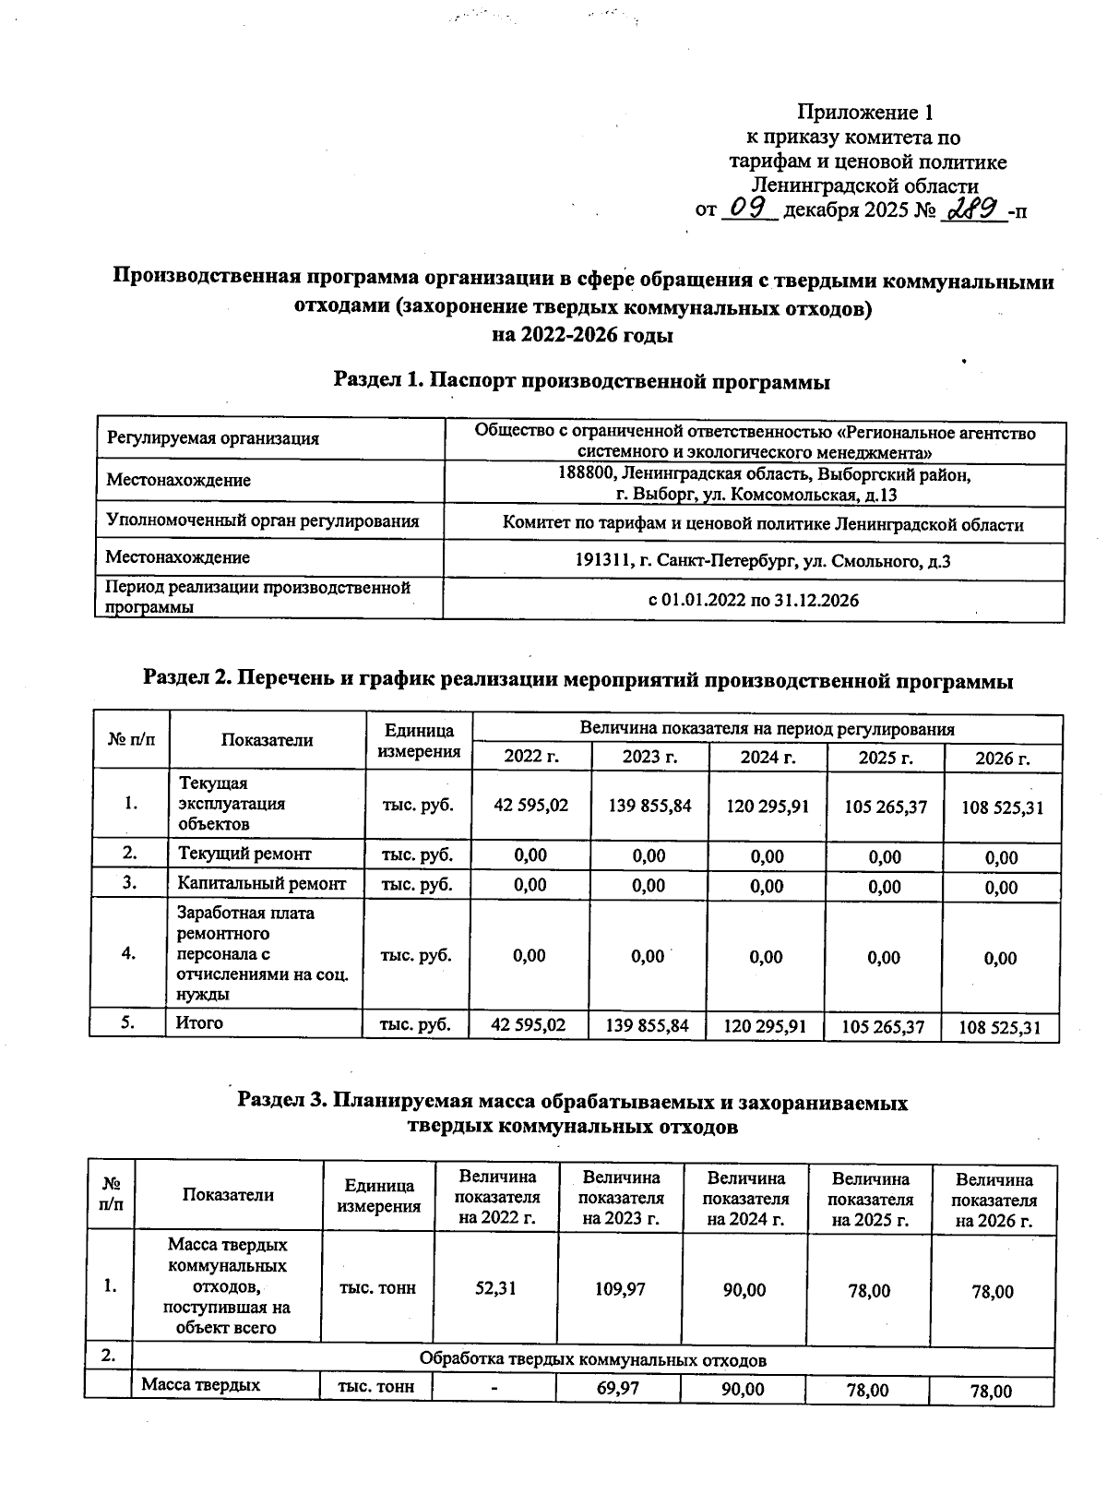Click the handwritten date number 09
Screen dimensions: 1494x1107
748,209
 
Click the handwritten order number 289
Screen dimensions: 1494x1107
974,209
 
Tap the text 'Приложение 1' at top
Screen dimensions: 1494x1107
864,114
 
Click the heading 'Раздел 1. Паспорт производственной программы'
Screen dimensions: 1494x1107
581,381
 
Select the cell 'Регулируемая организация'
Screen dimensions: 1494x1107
213,438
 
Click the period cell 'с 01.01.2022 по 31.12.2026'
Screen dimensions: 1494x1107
754,601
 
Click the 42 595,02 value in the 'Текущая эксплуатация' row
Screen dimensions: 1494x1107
531,805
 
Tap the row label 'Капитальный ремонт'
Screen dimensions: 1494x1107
262,883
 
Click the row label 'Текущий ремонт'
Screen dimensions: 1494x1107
244,854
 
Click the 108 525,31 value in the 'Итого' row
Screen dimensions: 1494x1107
1001,1027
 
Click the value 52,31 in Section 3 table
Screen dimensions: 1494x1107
496,1287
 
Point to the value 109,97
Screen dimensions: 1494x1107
621,1287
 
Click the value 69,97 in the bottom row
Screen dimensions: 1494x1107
619,1388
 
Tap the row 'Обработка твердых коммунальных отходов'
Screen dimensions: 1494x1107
592,1360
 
